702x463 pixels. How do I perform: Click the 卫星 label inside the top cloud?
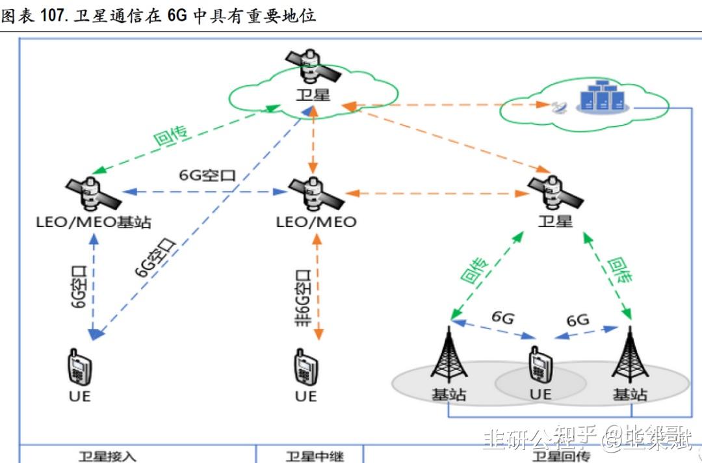313,95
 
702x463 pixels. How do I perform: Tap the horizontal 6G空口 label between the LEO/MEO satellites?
207,176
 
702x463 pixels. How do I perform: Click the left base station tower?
448,354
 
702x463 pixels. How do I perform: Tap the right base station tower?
629,354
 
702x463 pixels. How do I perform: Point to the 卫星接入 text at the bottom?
107,456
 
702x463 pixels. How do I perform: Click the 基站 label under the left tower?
448,394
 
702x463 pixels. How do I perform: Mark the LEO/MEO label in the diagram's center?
317,222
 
